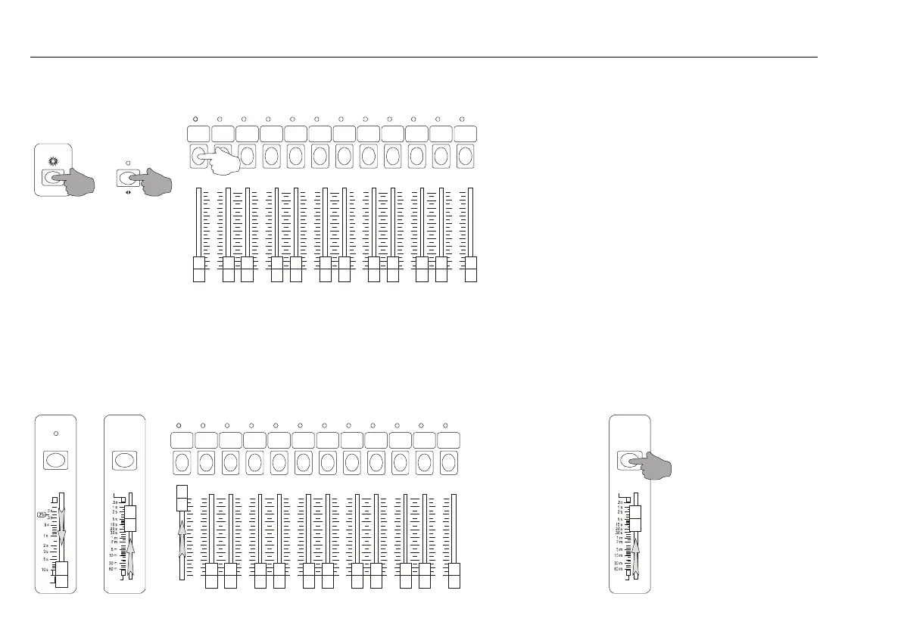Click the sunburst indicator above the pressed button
[53, 162]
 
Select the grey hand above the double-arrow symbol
[153, 182]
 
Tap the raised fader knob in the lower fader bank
[182, 498]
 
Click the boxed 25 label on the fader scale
[42, 514]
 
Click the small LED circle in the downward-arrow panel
[55, 434]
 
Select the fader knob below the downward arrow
[61, 575]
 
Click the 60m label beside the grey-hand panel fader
[619, 569]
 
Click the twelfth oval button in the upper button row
[464, 157]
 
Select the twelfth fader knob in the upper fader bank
[471, 270]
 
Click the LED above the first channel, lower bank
[179, 425]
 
